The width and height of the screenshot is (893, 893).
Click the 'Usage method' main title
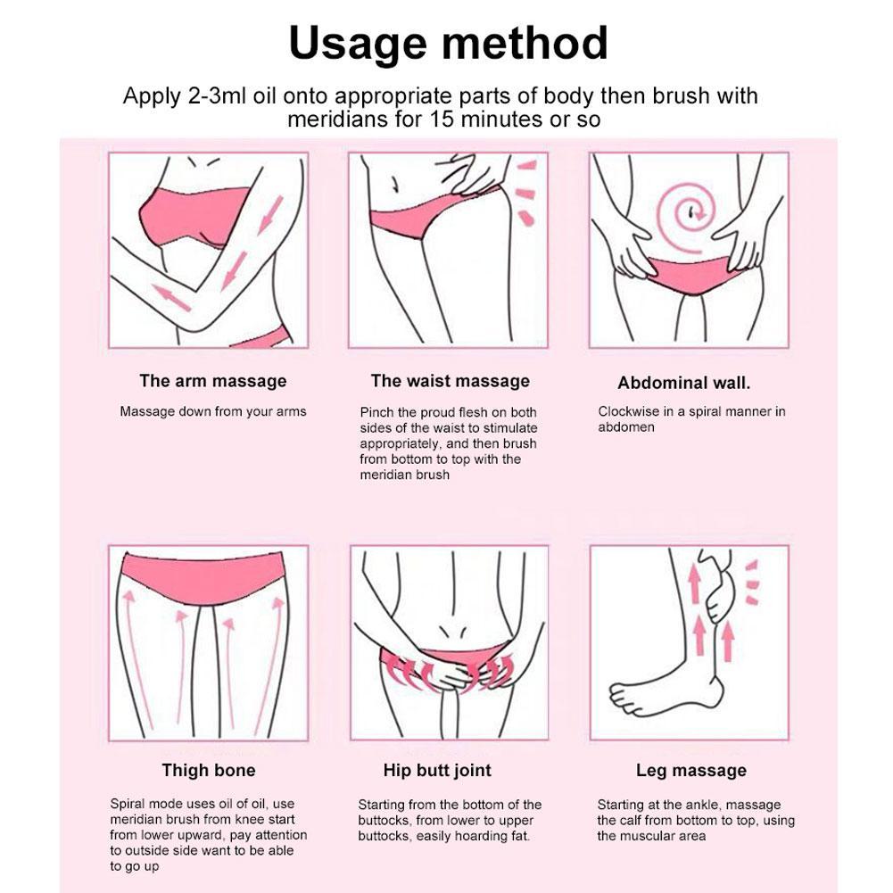tap(448, 44)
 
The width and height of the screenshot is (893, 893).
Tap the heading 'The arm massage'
tap(213, 380)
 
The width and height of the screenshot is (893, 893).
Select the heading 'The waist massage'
tap(450, 380)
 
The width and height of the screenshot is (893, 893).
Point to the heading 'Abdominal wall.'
tap(684, 383)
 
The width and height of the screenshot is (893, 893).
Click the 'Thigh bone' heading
tap(209, 770)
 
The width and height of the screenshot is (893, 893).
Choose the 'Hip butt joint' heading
tap(437, 771)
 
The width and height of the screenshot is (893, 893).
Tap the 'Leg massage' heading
tap(690, 771)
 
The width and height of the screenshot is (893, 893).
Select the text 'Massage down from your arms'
tap(213, 411)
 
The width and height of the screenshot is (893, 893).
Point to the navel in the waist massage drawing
tap(393, 185)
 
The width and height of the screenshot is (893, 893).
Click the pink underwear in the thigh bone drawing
tap(203, 576)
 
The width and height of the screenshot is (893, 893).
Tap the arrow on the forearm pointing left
tap(171, 298)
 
